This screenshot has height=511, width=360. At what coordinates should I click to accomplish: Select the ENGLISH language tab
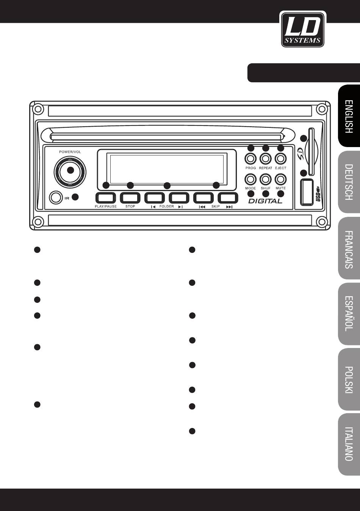coord(349,116)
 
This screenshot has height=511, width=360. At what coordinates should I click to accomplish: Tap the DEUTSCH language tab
coord(349,182)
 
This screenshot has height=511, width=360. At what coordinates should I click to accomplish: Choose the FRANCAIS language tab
coord(349,248)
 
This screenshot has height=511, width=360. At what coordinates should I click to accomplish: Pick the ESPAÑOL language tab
coord(349,313)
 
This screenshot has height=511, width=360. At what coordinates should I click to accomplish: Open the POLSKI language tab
coord(349,379)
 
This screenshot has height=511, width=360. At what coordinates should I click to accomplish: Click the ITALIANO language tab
coord(349,444)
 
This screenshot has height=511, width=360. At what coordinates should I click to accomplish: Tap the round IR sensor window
coord(56,198)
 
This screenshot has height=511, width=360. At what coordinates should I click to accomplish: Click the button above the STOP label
coord(130,198)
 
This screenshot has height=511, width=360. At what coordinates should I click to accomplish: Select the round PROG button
coord(250,158)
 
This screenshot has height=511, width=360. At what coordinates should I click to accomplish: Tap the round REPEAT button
coord(266,158)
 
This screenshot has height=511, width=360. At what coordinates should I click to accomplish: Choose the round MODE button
coord(250,179)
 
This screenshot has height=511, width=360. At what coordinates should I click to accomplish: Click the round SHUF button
coord(266,179)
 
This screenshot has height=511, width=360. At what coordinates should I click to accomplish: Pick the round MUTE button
coord(280,179)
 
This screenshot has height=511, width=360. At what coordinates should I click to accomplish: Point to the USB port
coord(307,191)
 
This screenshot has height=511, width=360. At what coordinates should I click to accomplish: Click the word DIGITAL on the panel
coord(265,201)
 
